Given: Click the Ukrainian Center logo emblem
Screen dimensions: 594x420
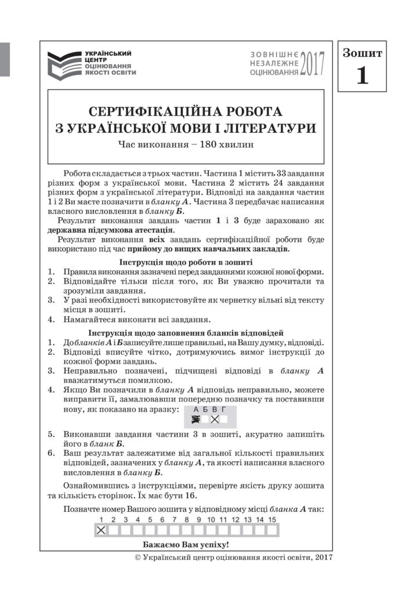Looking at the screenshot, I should (64, 63).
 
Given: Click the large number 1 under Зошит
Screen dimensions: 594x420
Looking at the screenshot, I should (362, 76).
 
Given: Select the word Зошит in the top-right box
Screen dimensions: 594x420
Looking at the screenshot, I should (362, 54).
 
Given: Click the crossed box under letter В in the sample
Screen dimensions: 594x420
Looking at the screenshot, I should (214, 419).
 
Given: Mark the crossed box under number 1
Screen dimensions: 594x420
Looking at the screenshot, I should (101, 530).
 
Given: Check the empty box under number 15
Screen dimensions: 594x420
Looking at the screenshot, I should (272, 530).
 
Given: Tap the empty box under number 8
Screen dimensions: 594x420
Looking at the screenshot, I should (186, 530).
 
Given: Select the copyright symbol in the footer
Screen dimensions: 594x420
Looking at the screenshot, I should (137, 557).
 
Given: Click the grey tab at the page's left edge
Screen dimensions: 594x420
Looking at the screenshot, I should (5, 59).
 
